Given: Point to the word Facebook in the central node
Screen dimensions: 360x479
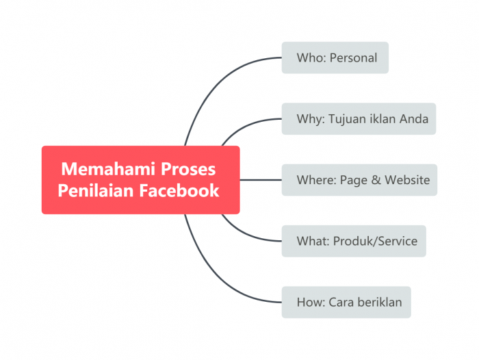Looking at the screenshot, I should click(179, 190).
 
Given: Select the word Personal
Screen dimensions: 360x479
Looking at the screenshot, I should click(353, 58).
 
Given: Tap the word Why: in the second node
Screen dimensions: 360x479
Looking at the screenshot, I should click(311, 119).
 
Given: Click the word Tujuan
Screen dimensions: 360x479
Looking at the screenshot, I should click(348, 119).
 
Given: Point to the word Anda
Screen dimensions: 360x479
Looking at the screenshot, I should click(415, 119).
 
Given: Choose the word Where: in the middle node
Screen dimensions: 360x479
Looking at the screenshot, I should click(316, 180).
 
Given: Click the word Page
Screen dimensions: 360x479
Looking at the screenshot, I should click(353, 180).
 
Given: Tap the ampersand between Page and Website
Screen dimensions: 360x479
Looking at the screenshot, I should click(376, 180).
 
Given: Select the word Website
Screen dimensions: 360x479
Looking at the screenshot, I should click(407, 180).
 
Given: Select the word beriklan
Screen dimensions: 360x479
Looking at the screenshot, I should click(380, 302).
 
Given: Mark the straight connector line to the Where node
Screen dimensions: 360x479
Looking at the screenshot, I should click(261, 180).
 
